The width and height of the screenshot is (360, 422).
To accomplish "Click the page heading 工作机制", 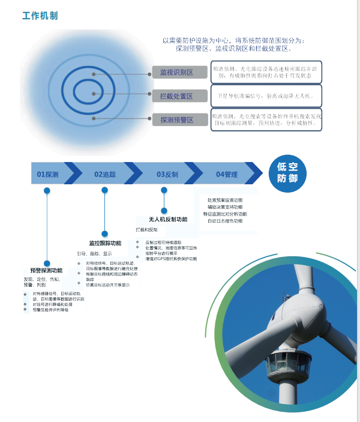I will point(40,16).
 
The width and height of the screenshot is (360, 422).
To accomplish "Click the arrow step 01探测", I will point(47,174).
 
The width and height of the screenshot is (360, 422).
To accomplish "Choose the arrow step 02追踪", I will point(105,174).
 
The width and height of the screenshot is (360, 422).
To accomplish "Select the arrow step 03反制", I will point(167,174).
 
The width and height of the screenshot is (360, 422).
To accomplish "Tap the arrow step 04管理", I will point(227,174).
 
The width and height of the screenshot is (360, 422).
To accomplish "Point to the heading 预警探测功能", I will point(46,271).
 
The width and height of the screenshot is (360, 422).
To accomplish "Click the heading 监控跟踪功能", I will point(105,243).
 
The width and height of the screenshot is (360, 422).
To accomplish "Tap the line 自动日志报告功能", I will point(225,221).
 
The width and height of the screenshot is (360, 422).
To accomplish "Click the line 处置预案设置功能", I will point(225,200).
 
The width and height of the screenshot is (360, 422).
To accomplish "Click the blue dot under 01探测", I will point(47,191).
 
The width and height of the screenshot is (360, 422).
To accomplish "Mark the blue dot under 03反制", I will point(164,190).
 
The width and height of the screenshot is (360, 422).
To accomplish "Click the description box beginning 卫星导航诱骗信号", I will point(266,96).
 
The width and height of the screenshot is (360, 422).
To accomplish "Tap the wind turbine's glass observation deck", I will point(287,363).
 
